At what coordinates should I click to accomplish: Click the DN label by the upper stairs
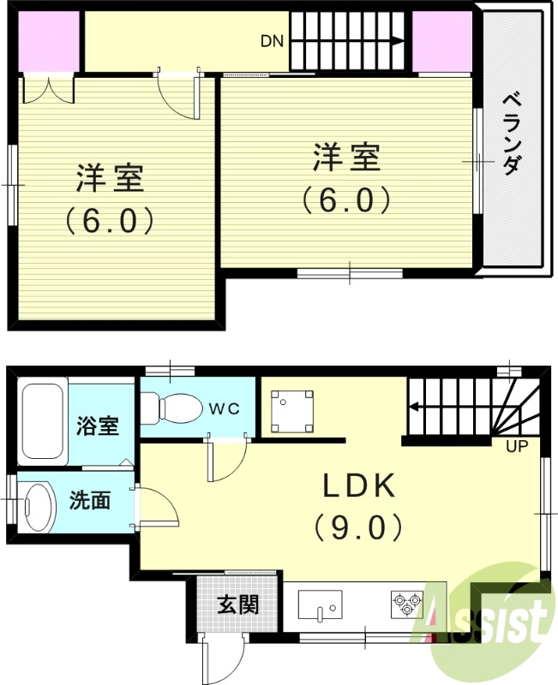pyautogui.click(x=273, y=40)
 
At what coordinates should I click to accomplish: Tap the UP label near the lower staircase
pyautogui.click(x=516, y=446)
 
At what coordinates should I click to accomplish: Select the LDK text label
pyautogui.click(x=359, y=486)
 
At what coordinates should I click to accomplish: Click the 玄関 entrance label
pyautogui.click(x=237, y=605)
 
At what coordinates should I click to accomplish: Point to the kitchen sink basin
pyautogui.click(x=321, y=606)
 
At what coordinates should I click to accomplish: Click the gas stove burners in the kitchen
pyautogui.click(x=408, y=603)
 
